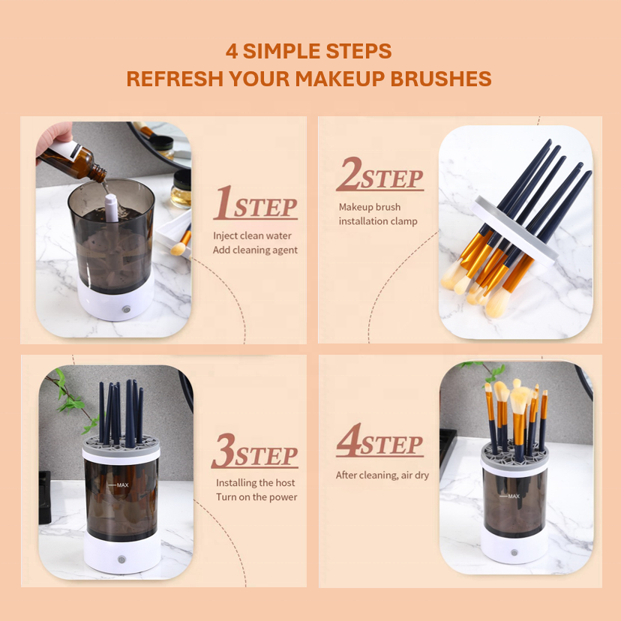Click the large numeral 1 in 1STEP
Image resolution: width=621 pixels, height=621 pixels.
pos(223,202)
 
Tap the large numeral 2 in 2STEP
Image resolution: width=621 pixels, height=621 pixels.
pos(349,173)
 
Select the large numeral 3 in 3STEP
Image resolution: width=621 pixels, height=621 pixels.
pos(224,451)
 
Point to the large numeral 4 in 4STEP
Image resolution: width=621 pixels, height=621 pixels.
pos(349,439)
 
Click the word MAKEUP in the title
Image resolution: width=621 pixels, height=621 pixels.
pos(340,79)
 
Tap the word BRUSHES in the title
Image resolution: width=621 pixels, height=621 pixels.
pos(441,79)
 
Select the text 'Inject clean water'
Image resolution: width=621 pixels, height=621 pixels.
pos(252,235)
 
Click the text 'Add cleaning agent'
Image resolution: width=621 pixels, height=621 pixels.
pos(255,250)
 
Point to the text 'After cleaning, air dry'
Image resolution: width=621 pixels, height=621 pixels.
pos(382,475)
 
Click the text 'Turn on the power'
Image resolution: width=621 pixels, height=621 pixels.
pos(256,497)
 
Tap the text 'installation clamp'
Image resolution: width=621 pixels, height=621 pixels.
pos(378,221)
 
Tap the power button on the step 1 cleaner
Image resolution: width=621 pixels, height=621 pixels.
pos(126,309)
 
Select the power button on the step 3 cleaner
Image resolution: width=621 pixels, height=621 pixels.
pos(121,559)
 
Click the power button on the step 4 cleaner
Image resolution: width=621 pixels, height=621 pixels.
pos(514,553)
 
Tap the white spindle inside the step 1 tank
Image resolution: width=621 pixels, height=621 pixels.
pos(111,208)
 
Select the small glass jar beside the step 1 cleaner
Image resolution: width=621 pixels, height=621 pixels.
pos(181,189)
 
